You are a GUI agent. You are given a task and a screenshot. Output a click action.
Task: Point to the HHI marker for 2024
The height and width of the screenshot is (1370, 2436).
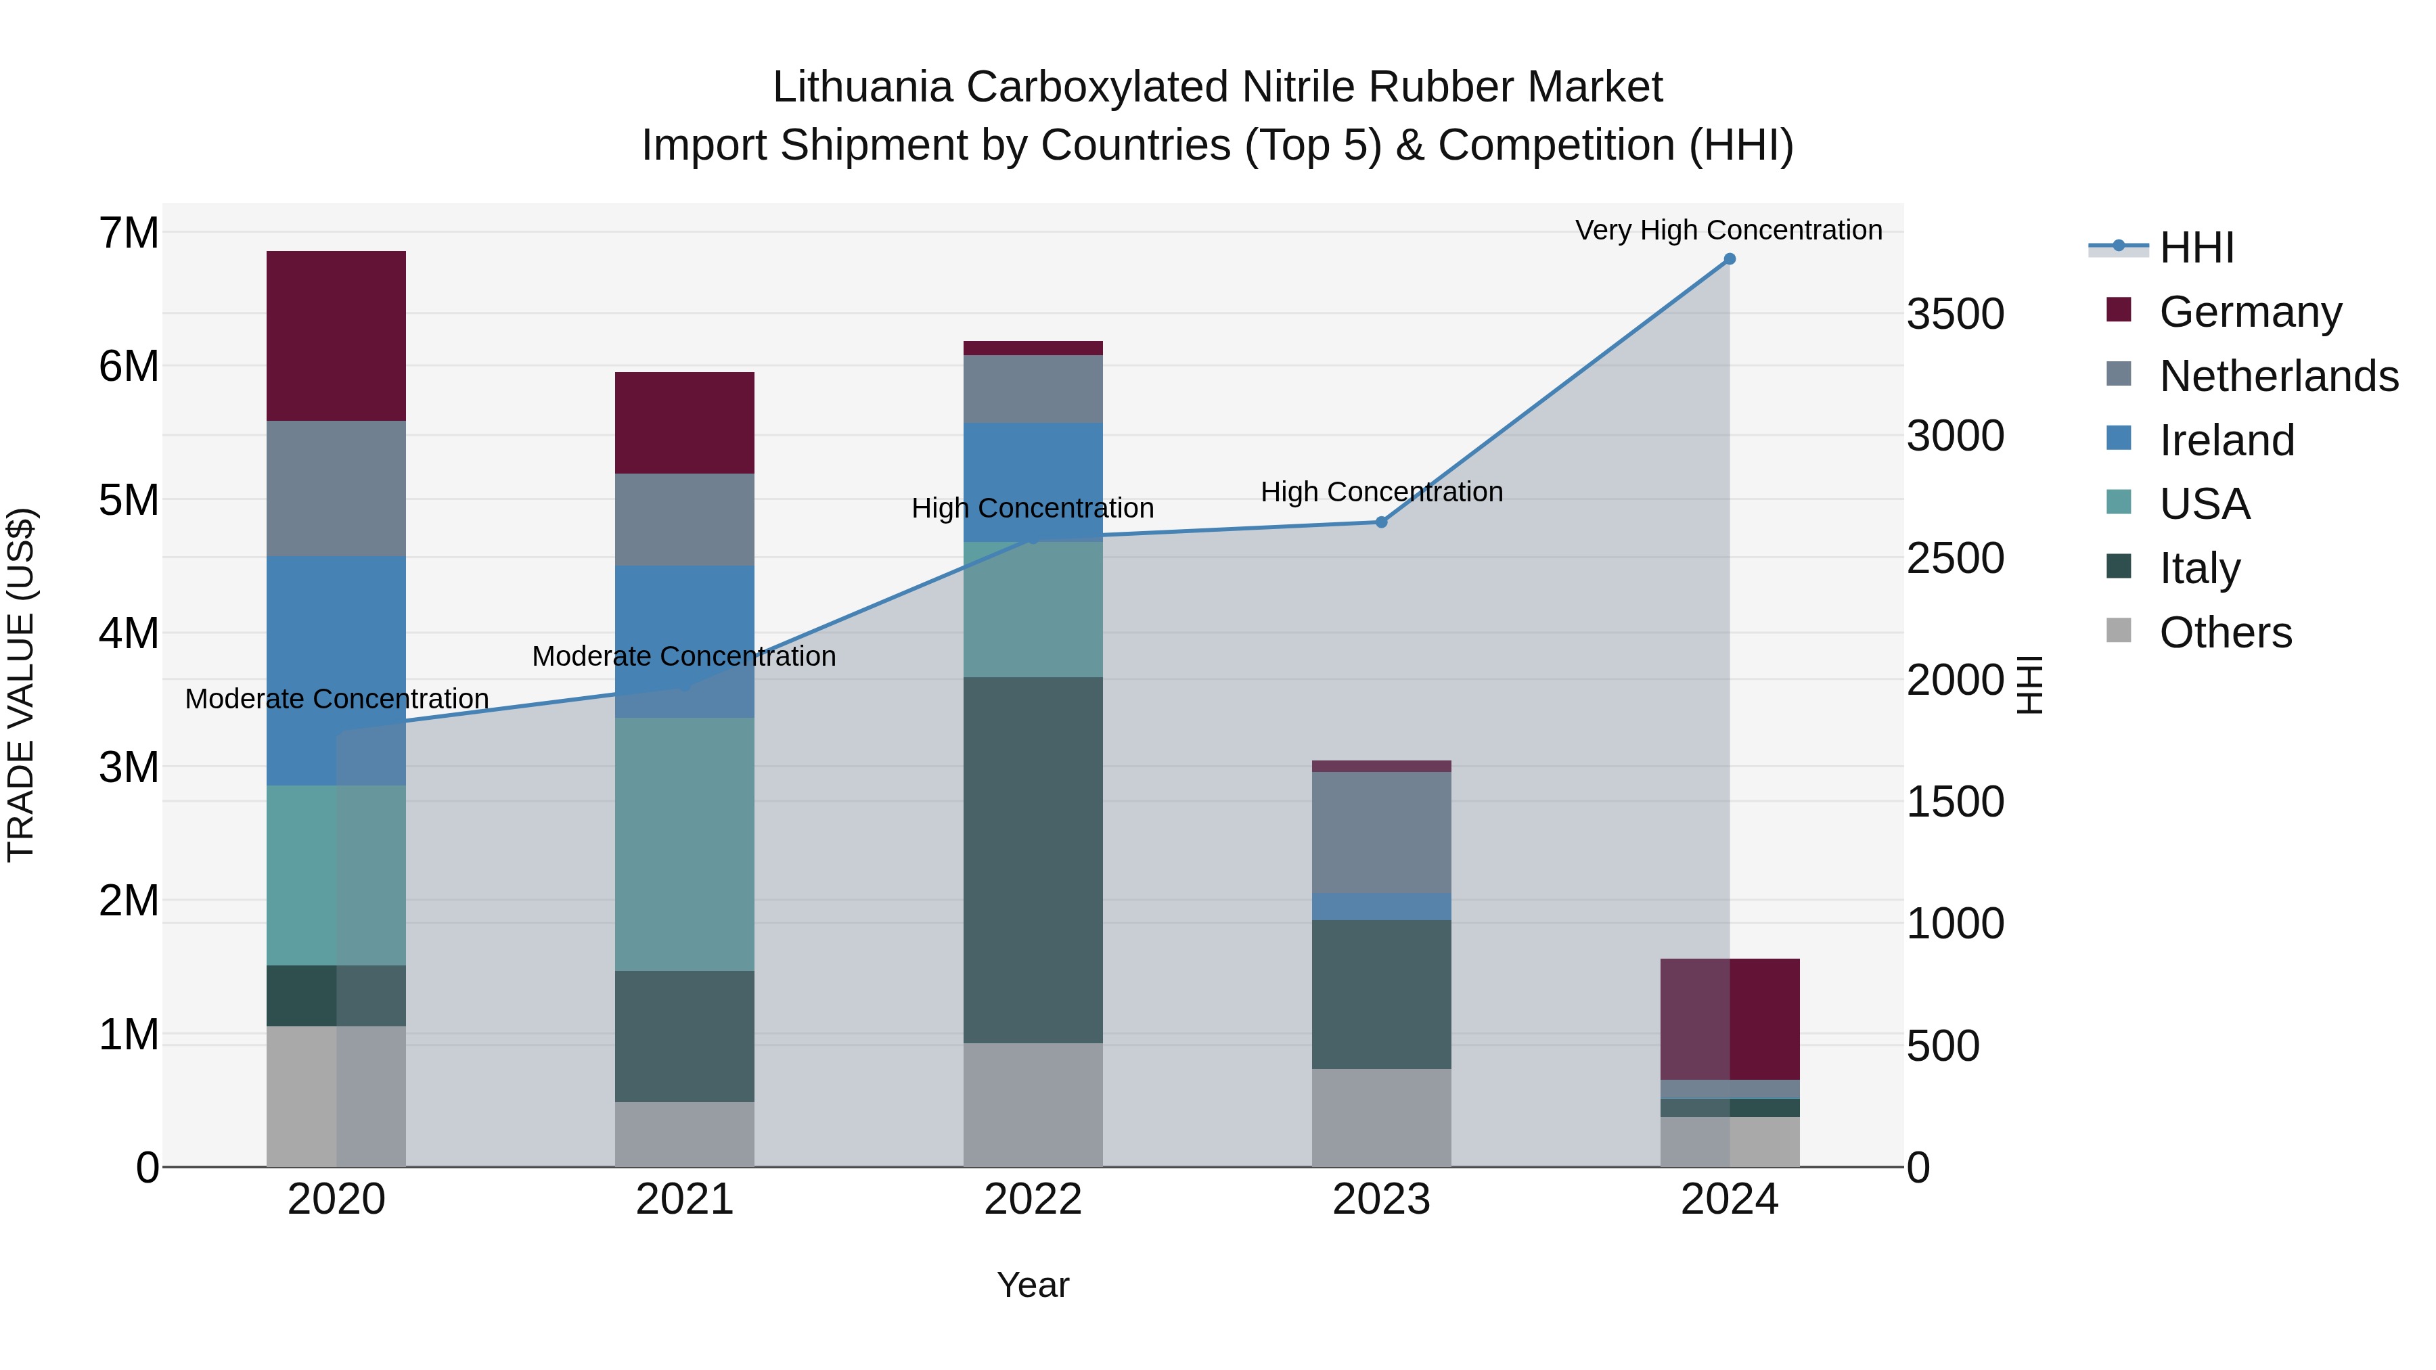(1730, 259)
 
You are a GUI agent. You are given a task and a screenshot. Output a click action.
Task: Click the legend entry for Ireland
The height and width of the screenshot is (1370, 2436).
(2226, 440)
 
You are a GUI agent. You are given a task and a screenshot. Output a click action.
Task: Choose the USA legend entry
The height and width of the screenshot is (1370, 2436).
(2205, 504)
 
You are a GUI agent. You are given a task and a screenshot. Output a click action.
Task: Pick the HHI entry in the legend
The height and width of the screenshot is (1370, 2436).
(2196, 248)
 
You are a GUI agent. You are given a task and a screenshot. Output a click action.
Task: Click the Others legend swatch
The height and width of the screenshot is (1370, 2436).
(2119, 631)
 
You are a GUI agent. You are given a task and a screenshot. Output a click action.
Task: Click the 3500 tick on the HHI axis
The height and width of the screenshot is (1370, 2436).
(1955, 314)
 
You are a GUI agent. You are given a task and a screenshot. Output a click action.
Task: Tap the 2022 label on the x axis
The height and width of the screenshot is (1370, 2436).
(1033, 1200)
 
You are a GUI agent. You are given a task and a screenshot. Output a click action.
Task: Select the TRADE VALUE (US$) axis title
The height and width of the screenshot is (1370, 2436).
(21, 685)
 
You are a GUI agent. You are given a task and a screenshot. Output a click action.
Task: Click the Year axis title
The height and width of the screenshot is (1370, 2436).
(1033, 1285)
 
